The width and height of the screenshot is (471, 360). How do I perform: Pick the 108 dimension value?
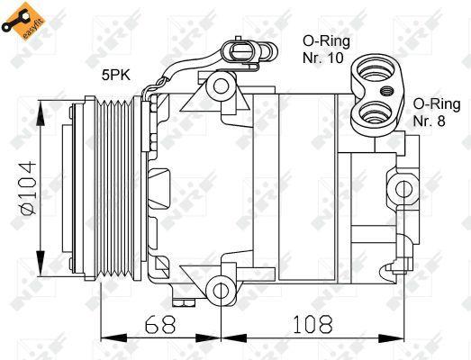pos(312,323)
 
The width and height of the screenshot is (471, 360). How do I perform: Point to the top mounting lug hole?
pos(219,87)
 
